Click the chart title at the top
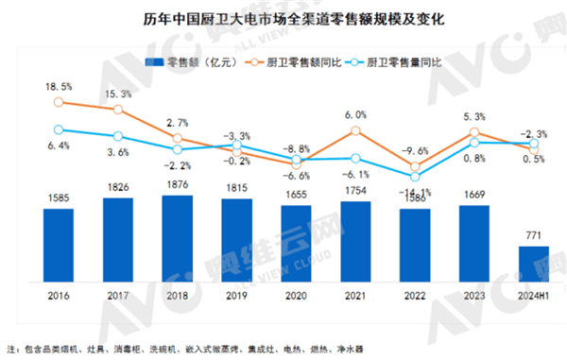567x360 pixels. [283, 18]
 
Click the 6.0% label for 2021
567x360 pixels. [355, 114]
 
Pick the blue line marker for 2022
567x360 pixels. [415, 176]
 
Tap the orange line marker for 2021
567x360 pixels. [355, 130]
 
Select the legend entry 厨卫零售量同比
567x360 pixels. [407, 63]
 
